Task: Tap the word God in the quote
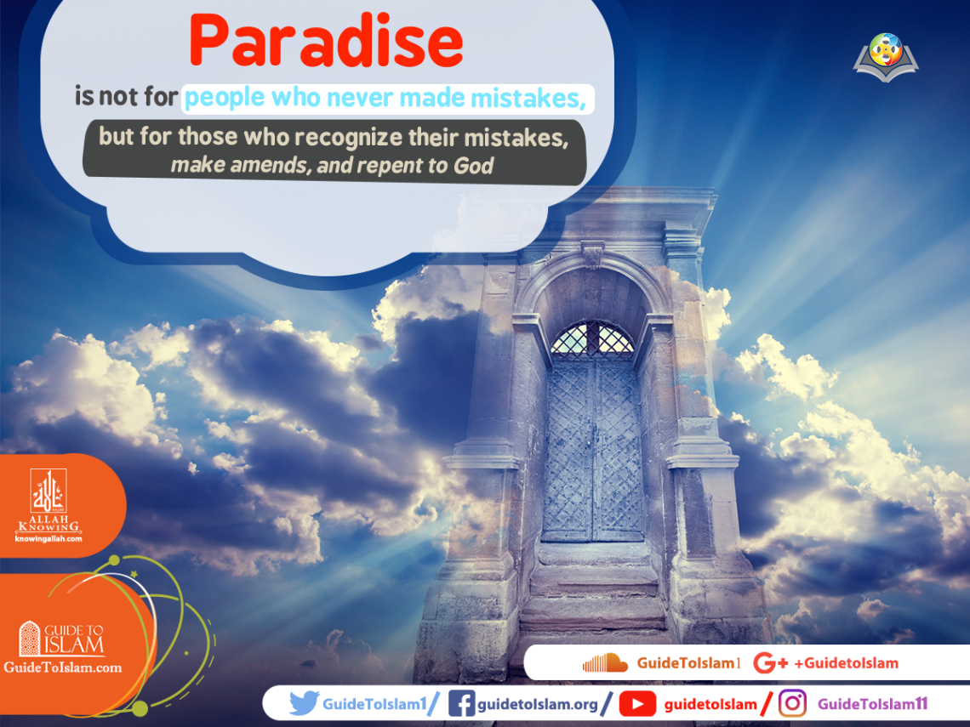(x=474, y=165)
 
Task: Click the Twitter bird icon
(x=304, y=704)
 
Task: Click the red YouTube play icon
(x=637, y=704)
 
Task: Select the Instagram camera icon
(x=792, y=704)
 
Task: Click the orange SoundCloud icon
(x=604, y=663)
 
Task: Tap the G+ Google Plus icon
(x=770, y=663)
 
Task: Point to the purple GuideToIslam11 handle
(x=872, y=704)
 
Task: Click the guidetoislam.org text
(x=538, y=704)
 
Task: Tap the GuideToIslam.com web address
(x=62, y=667)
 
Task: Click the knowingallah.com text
(x=48, y=538)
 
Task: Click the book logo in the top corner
(x=886, y=57)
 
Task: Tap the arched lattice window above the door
(x=592, y=338)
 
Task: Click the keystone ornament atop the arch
(x=592, y=254)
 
